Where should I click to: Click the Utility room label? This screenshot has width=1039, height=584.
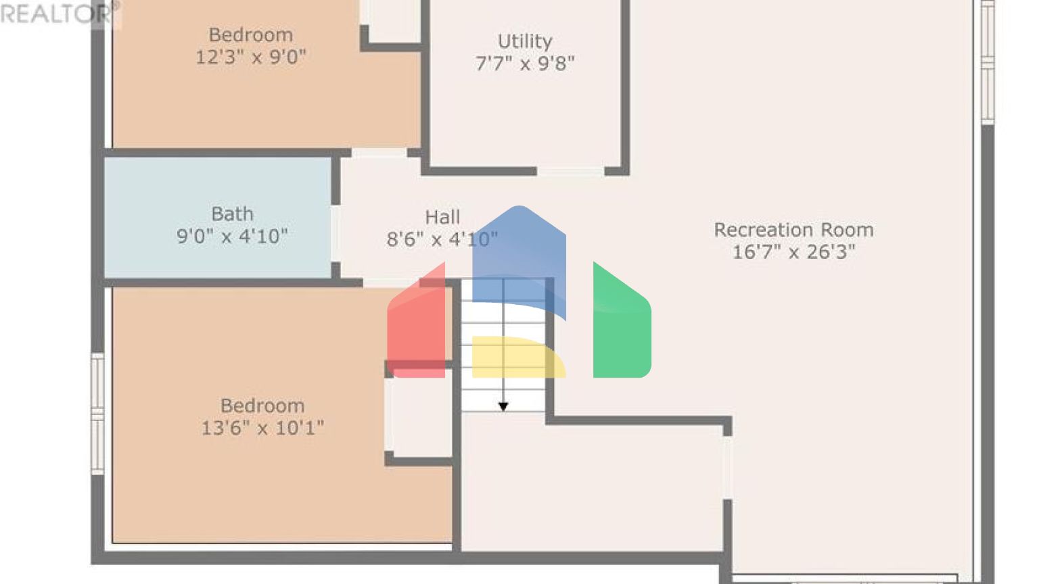click(525, 41)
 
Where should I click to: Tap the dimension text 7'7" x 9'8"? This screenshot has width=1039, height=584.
click(525, 64)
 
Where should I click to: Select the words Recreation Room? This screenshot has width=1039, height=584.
click(793, 230)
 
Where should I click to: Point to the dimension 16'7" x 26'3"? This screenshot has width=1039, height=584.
click(793, 252)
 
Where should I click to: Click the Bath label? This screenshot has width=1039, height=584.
click(232, 214)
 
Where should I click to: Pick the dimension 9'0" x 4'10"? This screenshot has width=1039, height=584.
click(232, 237)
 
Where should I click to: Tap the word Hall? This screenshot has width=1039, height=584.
click(442, 217)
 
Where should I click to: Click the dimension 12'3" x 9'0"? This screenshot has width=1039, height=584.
click(251, 57)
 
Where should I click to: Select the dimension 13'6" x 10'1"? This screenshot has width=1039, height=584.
click(262, 428)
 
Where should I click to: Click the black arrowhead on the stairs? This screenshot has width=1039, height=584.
click(503, 406)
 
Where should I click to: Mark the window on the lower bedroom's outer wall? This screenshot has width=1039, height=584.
click(98, 413)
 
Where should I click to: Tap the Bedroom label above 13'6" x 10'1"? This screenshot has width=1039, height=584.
click(262, 406)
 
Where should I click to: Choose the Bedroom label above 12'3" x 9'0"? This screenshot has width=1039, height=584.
click(251, 34)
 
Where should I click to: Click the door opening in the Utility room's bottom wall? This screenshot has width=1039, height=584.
click(570, 172)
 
